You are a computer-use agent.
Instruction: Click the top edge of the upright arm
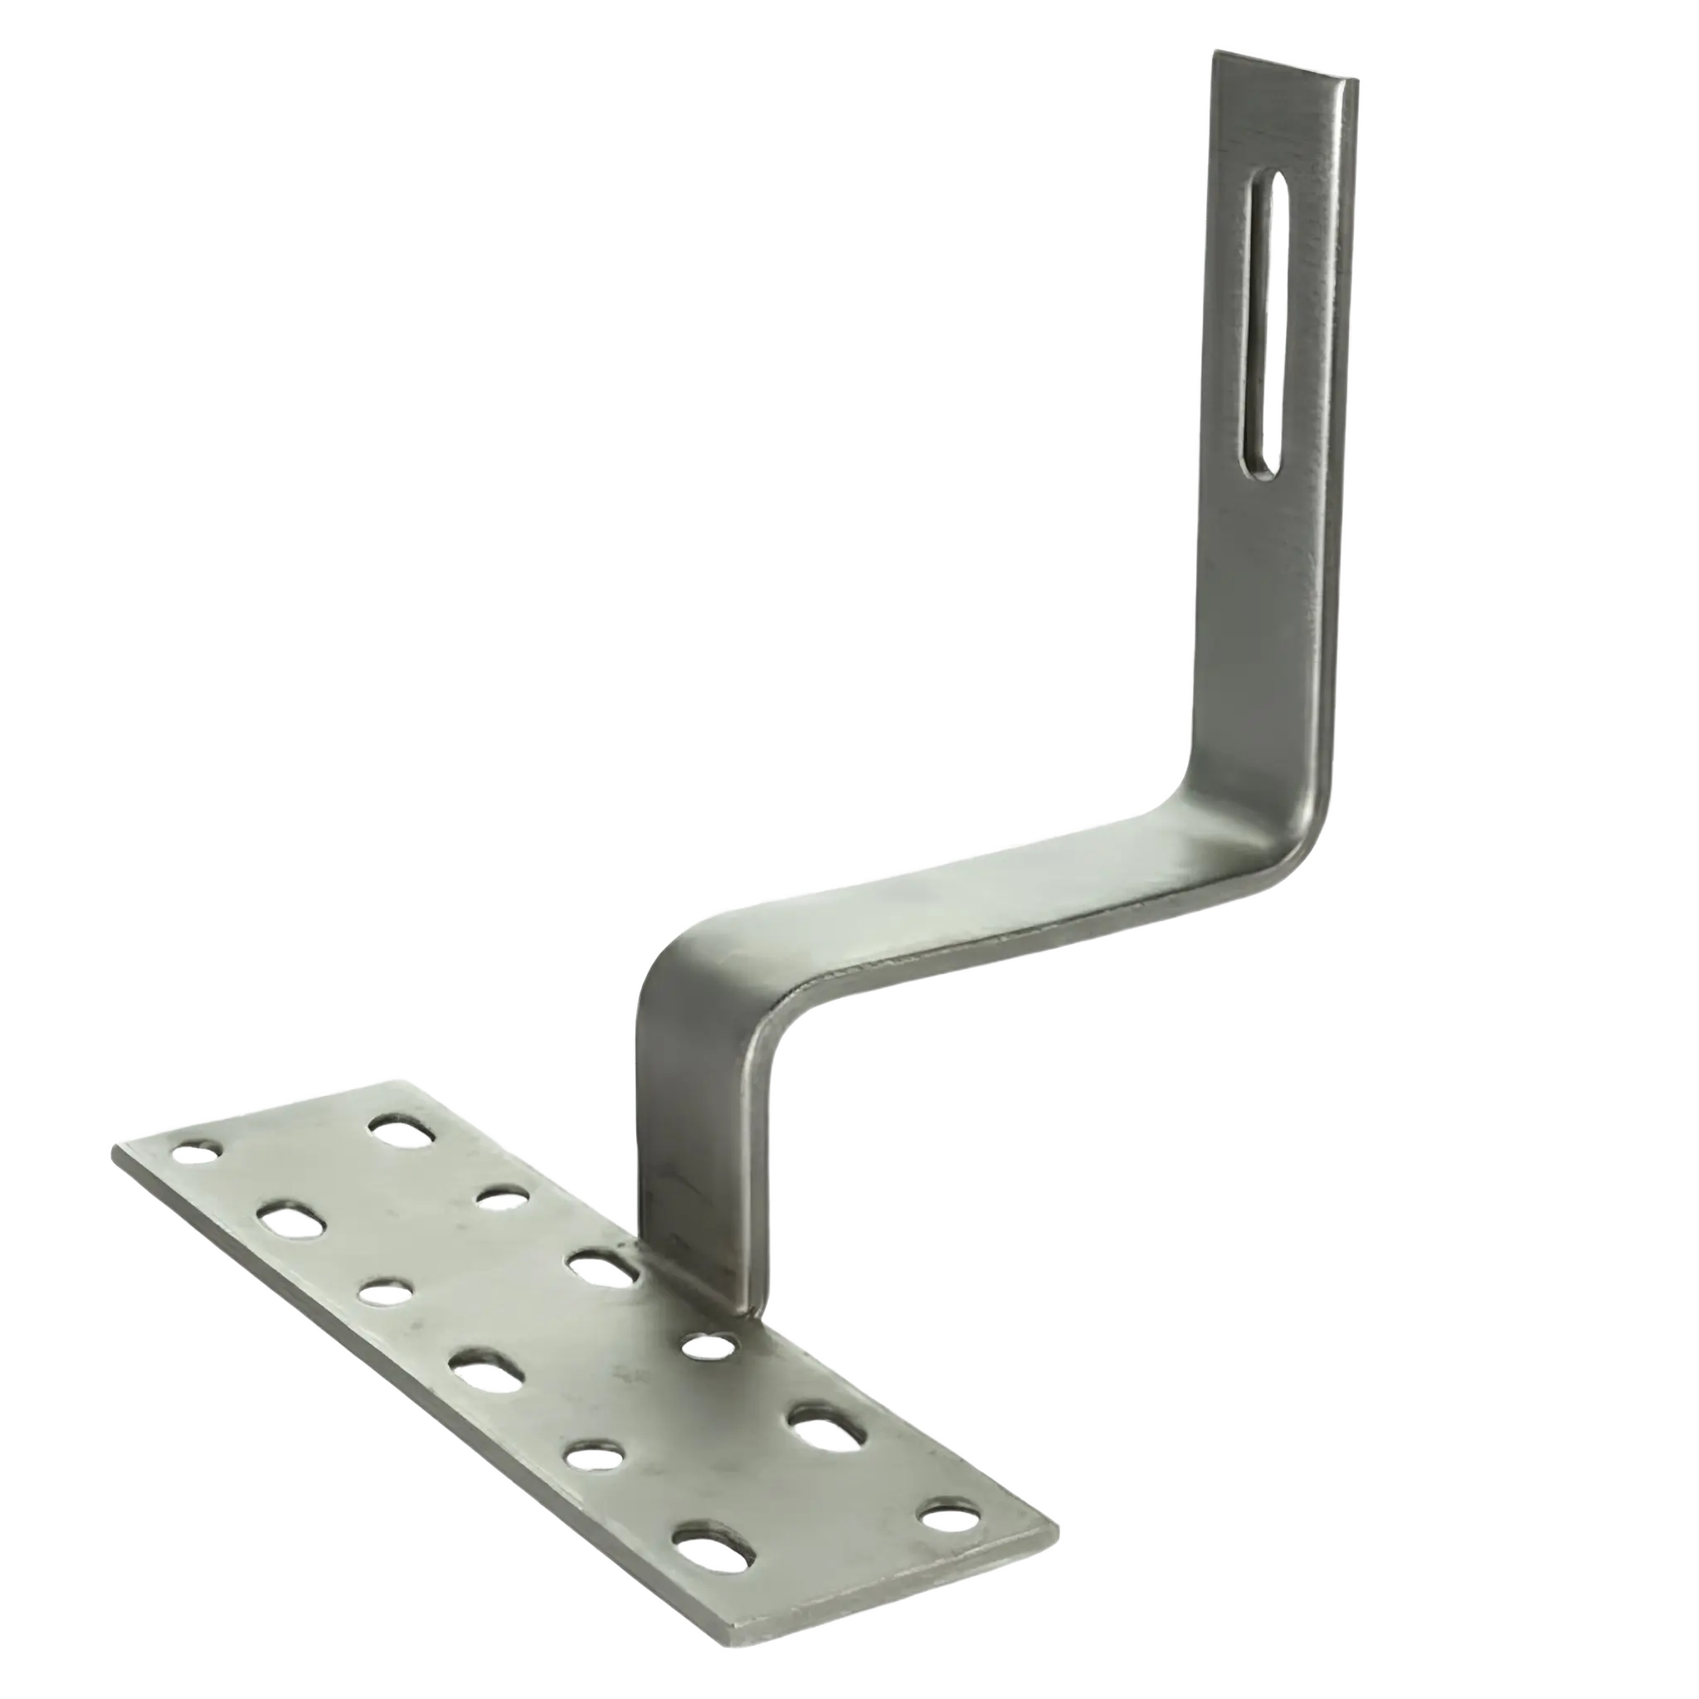[1284, 67]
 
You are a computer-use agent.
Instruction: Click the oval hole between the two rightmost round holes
[824, 1430]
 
